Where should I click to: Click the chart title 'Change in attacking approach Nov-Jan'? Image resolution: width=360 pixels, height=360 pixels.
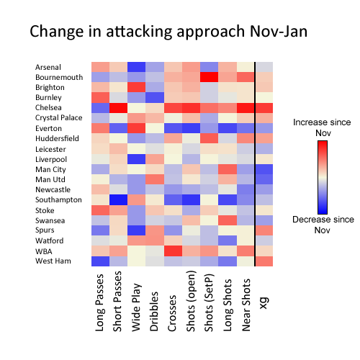tap(168, 32)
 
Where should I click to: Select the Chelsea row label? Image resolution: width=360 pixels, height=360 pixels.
tap(48, 107)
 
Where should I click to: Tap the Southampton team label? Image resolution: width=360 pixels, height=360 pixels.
tap(58, 199)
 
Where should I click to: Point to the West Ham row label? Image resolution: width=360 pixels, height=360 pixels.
tap(53, 261)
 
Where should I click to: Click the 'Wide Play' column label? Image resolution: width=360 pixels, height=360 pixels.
tap(136, 307)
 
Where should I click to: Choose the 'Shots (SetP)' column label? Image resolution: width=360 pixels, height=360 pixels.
tap(209, 302)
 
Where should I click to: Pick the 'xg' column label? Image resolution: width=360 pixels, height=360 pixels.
tap(264, 303)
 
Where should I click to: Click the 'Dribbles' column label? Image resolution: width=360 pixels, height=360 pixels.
tap(154, 311)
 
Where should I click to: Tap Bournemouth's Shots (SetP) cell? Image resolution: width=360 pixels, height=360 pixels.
tap(210, 77)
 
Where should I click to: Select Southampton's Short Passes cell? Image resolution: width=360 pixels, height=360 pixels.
tap(119, 200)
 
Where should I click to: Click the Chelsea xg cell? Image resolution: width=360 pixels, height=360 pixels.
tap(264, 108)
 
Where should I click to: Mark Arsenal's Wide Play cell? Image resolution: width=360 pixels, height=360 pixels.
tap(137, 67)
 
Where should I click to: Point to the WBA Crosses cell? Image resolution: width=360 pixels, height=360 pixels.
tap(173, 251)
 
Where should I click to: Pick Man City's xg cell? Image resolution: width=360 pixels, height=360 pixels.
tap(264, 169)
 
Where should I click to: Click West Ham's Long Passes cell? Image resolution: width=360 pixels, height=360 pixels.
tap(101, 261)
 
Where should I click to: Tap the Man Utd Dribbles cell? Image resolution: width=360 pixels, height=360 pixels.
tap(155, 179)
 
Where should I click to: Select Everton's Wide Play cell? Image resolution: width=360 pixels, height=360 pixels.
tap(137, 128)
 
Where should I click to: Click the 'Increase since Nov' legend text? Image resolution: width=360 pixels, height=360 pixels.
tap(322, 127)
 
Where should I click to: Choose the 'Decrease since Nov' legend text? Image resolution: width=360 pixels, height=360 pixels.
tap(323, 225)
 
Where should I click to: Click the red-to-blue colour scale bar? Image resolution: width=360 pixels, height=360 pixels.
tap(323, 177)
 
